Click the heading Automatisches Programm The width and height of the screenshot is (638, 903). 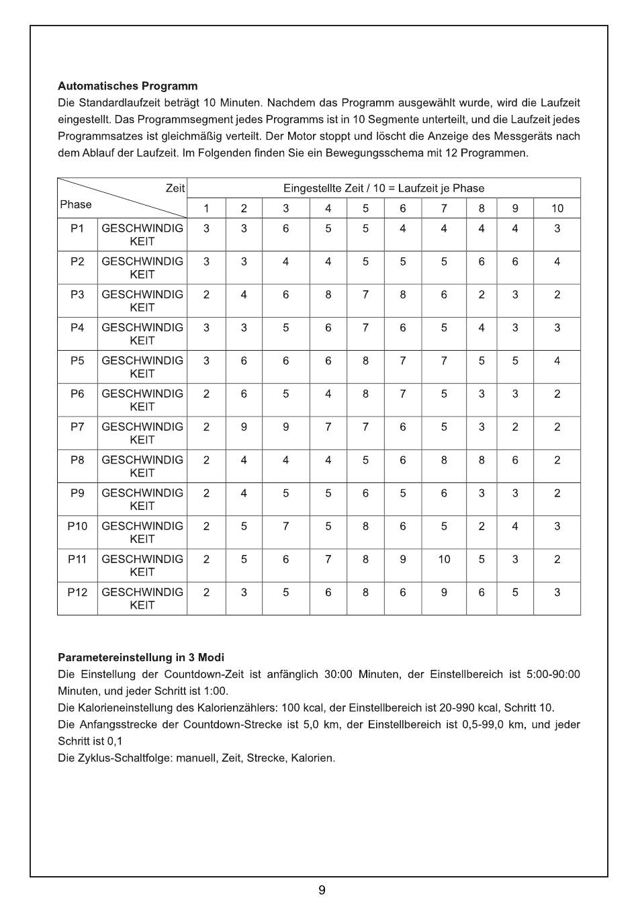pos(128,86)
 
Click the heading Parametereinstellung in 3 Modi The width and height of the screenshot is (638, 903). pos(141,657)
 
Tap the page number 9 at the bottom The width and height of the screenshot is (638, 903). pos(322,890)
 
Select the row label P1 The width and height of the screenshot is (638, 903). pos(77,228)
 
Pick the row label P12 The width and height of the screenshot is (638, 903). pos(77,592)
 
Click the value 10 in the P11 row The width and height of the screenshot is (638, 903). pos(444,559)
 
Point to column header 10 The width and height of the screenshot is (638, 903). pos(557,208)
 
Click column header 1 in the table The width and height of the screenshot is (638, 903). pos(206,208)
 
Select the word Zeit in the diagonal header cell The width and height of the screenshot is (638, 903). pos(175,188)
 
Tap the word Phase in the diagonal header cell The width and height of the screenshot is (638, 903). pos(76,204)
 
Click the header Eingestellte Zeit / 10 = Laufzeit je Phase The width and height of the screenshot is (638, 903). pos(383,188)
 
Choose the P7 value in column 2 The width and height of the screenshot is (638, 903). pos(244,427)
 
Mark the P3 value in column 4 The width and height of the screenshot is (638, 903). pos(328,294)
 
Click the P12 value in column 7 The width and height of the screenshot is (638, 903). pos(444,592)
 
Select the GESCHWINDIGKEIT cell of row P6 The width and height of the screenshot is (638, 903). pos(142,400)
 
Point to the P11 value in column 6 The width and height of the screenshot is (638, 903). pos(402,559)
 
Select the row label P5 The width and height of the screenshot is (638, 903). pos(77,361)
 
